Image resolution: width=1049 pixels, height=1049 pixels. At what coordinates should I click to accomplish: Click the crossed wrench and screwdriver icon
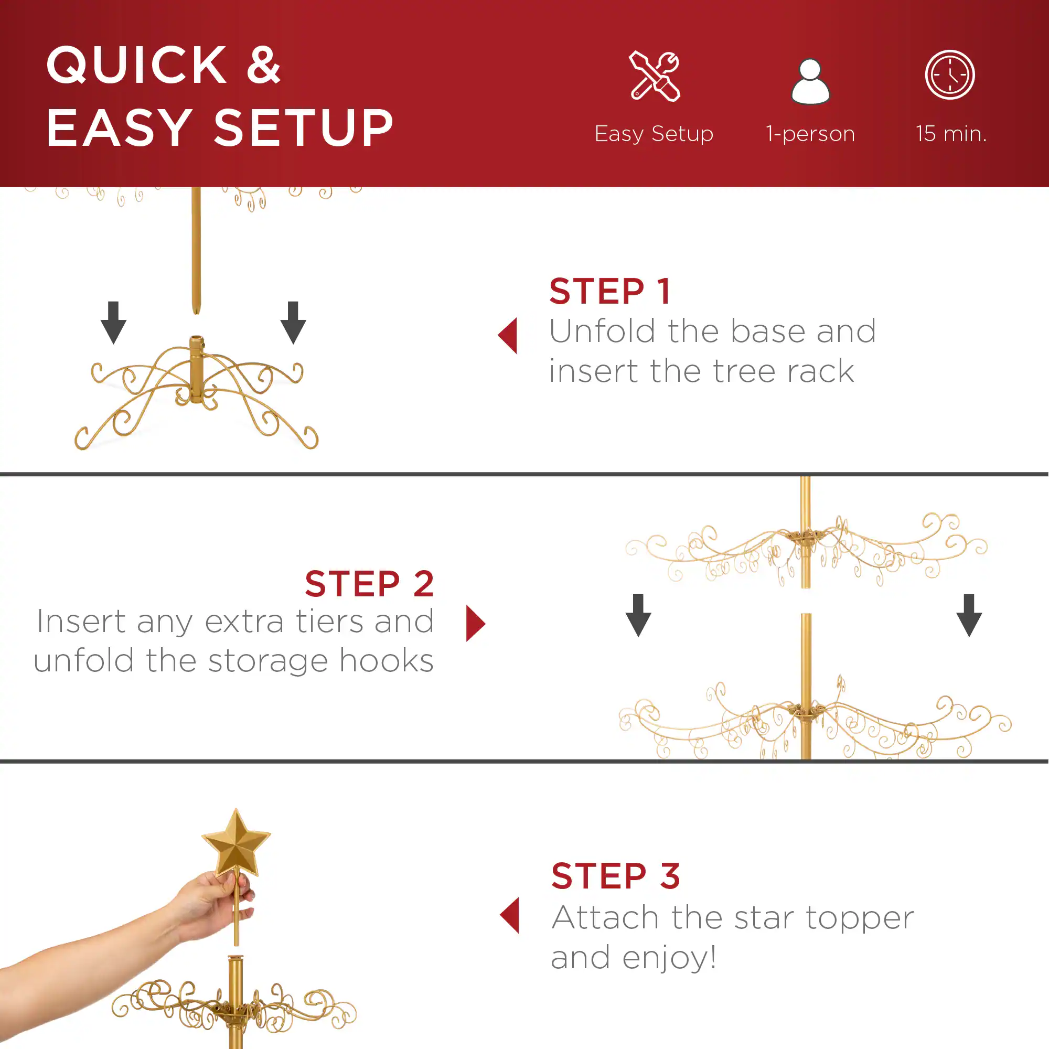[654, 76]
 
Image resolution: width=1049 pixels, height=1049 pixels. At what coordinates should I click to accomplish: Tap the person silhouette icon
[810, 81]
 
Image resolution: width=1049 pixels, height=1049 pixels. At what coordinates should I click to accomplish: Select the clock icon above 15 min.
[950, 75]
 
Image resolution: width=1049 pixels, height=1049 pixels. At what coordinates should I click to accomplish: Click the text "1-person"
[810, 134]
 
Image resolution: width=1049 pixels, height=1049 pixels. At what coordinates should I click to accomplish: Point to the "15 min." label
[951, 134]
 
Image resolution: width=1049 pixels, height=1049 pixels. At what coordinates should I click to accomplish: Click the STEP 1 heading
[610, 292]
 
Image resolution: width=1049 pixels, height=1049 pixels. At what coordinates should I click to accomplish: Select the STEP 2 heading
[369, 584]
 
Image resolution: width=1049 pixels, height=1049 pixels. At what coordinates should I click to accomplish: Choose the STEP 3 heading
[615, 876]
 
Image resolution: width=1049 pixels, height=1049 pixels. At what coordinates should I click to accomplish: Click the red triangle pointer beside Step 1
[508, 336]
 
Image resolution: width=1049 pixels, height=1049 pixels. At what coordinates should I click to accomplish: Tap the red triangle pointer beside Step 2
[475, 623]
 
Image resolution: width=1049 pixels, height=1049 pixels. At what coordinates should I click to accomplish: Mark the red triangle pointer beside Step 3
[510, 915]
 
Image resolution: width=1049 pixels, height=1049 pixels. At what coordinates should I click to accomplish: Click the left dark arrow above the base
[113, 323]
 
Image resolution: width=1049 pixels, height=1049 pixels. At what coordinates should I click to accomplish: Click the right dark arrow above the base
[293, 323]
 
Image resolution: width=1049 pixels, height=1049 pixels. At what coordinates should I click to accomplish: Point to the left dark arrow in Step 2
[638, 615]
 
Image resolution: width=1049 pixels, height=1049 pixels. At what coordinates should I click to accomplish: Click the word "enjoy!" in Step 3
[669, 957]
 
